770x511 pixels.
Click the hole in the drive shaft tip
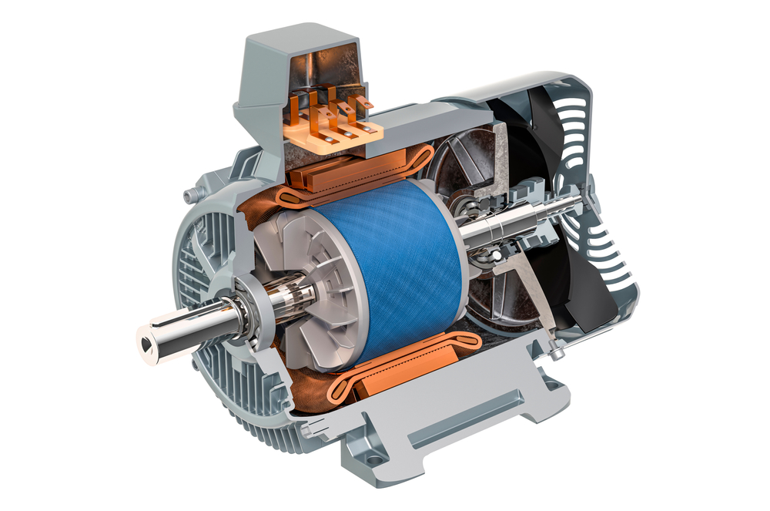click(146, 337)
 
